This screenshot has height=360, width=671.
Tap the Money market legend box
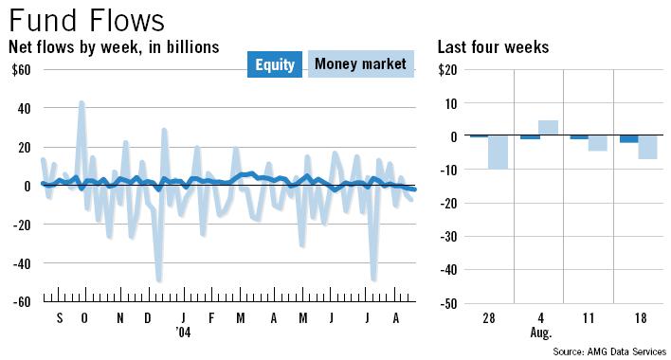click(360, 64)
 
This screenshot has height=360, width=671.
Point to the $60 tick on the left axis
click(20, 69)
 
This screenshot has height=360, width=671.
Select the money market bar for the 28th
click(499, 153)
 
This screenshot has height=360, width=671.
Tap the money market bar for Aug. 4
click(549, 128)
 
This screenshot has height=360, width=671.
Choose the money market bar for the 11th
click(598, 143)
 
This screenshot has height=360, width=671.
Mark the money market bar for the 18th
click(647, 147)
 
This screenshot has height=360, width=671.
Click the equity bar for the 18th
click(628, 139)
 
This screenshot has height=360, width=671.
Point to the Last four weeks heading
click(493, 47)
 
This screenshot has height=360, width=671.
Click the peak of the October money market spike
click(82, 102)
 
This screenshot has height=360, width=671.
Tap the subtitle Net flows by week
click(114, 47)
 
